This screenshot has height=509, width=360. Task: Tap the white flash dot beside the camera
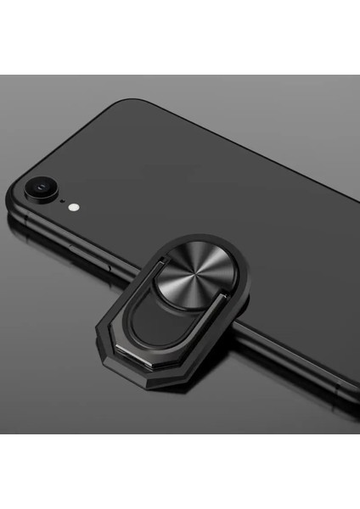(x=74, y=205)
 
